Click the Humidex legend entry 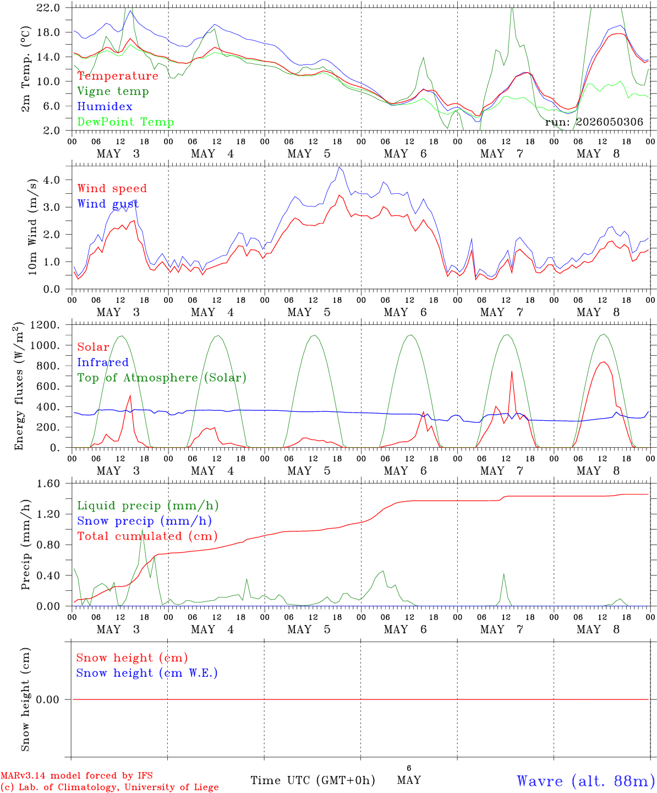tap(105, 106)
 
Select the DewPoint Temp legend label tap(125, 122)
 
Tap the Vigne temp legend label tap(113, 91)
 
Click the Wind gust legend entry tap(108, 204)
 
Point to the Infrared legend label tap(103, 362)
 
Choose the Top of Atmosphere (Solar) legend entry tap(162, 378)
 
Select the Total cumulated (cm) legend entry tap(147, 536)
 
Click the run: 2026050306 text tap(594, 122)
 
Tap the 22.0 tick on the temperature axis tap(48, 8)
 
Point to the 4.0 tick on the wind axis tap(52, 180)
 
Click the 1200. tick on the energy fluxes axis tap(45, 325)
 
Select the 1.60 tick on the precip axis tap(48, 484)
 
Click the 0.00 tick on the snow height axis tap(48, 699)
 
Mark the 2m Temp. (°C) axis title tap(25, 69)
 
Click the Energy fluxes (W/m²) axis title tap(18, 386)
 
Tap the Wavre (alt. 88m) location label tap(583, 781)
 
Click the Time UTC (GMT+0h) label tap(313, 780)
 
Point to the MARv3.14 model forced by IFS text tap(76, 775)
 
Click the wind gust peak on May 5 tap(340, 167)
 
